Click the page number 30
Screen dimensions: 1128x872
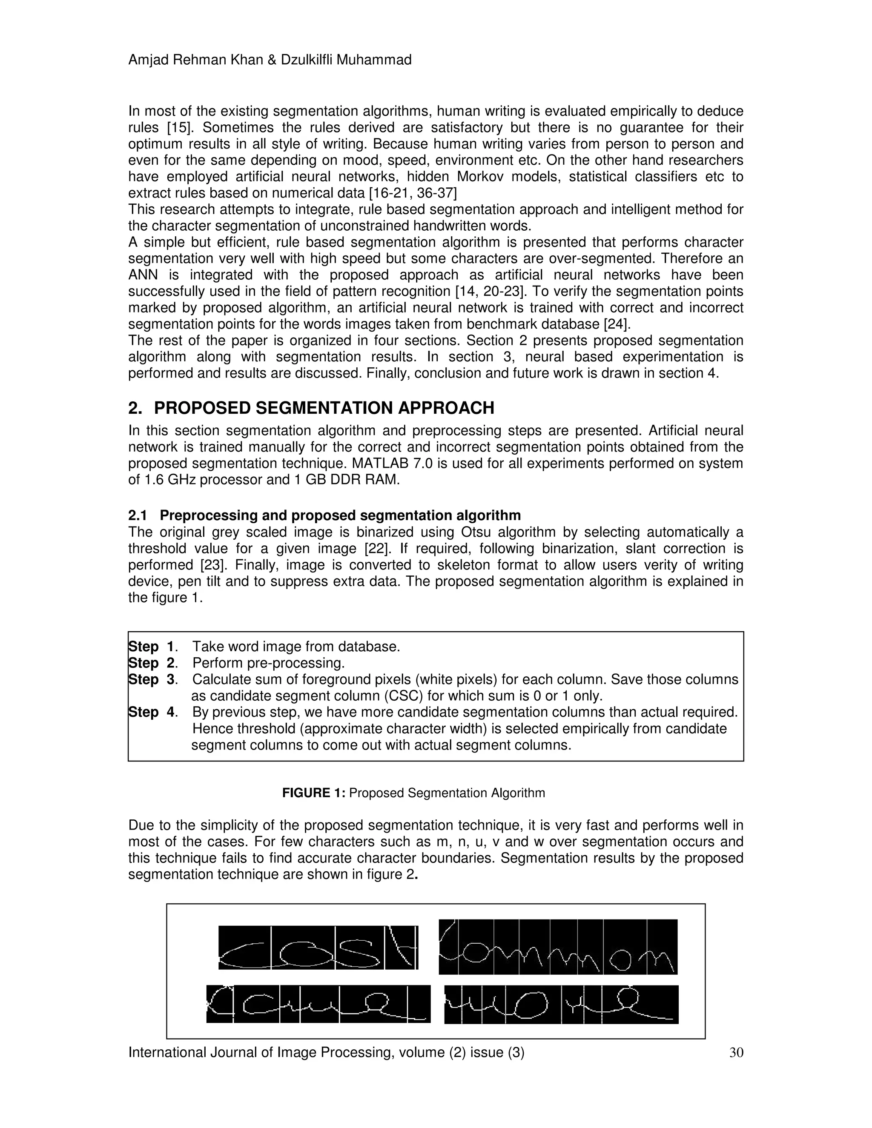click(x=736, y=1052)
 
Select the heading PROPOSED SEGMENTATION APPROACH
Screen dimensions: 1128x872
click(x=324, y=408)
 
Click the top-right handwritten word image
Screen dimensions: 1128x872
click(x=558, y=947)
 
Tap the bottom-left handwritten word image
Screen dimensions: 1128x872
click(x=318, y=1004)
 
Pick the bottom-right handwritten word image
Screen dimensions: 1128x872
click(x=561, y=1005)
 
